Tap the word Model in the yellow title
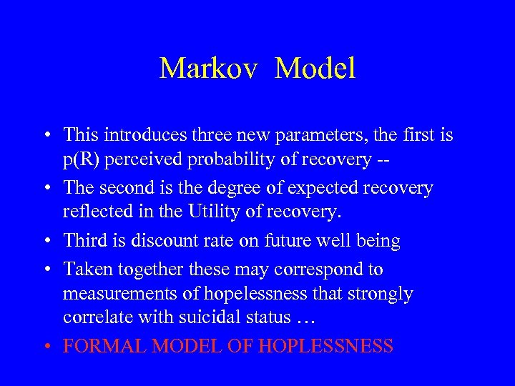point(315,69)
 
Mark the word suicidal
point(227,318)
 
